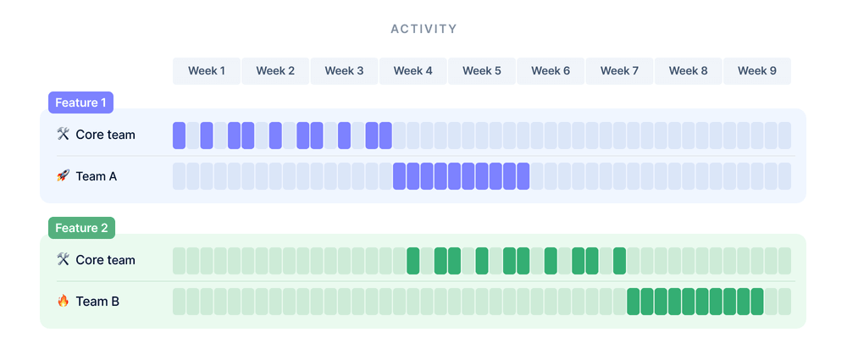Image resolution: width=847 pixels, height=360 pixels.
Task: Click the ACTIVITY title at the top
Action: point(423,29)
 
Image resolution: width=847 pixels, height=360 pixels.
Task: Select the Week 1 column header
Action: point(207,71)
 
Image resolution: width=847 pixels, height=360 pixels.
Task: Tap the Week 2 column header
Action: point(275,71)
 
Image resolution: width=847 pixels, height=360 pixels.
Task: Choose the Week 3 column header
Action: point(344,71)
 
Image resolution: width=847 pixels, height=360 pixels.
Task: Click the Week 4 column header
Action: point(413,71)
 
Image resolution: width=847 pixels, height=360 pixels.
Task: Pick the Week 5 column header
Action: point(482,71)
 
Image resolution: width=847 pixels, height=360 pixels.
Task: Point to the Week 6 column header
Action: point(551,71)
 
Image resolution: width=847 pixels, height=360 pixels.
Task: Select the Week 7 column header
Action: point(619,71)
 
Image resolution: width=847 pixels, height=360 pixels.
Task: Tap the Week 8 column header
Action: point(688,71)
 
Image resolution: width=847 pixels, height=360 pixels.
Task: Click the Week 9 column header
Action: point(756,71)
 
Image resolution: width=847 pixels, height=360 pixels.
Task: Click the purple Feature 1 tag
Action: point(80,102)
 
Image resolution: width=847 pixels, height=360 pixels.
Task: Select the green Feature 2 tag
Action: point(81,228)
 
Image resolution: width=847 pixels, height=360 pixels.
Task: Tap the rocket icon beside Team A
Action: point(63,176)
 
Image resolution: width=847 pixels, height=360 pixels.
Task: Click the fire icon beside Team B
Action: point(63,301)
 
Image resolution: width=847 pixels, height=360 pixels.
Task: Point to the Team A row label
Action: point(96,176)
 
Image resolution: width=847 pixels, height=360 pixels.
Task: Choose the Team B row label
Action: point(97,301)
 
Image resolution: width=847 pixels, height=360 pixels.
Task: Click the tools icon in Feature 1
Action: point(63,135)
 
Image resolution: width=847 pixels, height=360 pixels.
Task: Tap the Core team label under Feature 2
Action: point(105,260)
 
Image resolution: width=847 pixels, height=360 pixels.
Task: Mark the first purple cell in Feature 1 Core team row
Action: point(179,136)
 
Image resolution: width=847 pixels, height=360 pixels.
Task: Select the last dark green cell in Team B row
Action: point(756,302)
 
